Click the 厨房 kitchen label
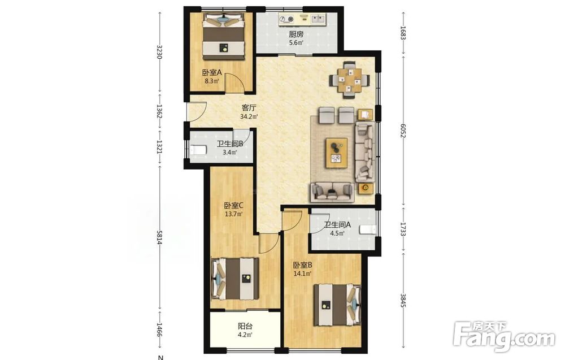pos(296,34)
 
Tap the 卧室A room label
pos(211,73)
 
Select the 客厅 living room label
pos(249,108)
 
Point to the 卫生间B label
pos(230,144)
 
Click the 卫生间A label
pos(337,225)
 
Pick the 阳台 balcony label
pos(245,327)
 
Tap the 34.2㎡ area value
pos(249,116)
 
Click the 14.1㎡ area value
pos(302,274)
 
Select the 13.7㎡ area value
pos(233,214)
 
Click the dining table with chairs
pos(350,80)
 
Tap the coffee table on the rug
pos(337,153)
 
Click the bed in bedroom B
pos(337,305)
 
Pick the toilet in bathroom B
pos(198,150)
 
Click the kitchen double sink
pos(318,19)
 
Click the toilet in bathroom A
pos(368,229)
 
